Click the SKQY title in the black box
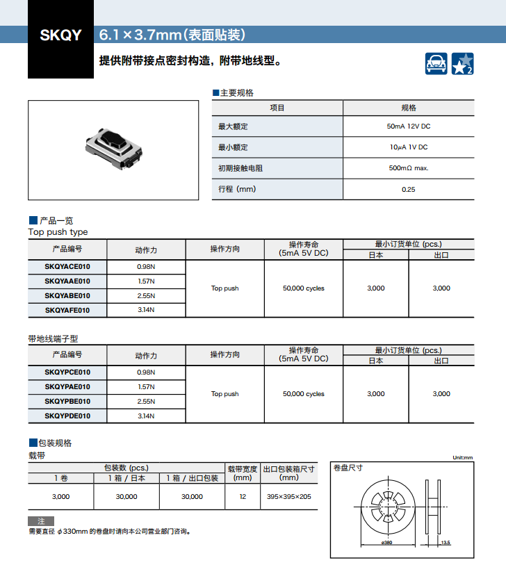point(61,35)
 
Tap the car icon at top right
point(436,63)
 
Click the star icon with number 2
point(463,63)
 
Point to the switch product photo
point(115,148)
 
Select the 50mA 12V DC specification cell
point(408,126)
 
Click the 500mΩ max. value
point(408,168)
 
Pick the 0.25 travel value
point(408,189)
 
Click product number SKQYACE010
point(67,267)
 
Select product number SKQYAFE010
point(67,310)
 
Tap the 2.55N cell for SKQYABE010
point(146,295)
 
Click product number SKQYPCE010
point(67,372)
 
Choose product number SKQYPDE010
point(67,416)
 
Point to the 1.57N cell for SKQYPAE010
point(146,387)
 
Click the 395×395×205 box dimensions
point(289,497)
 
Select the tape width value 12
point(243,497)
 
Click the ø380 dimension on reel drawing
point(387,543)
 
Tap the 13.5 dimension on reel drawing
point(446,543)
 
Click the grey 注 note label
point(41,520)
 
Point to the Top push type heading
point(58,232)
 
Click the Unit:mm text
point(462,457)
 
